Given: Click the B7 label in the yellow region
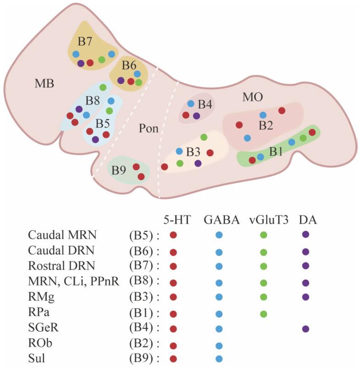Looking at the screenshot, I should pyautogui.click(x=85, y=41).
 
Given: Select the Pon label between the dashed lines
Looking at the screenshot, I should pyautogui.click(x=149, y=129).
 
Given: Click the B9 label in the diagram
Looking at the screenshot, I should pyautogui.click(x=119, y=170).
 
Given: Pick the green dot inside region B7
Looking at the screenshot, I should pyautogui.click(x=102, y=60).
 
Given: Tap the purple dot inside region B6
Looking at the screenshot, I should pyautogui.click(x=121, y=80).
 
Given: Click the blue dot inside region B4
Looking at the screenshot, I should pyautogui.click(x=191, y=103).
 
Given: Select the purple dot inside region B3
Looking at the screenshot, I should pyautogui.click(x=198, y=163).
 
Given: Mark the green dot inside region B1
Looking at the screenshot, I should pyautogui.click(x=303, y=138).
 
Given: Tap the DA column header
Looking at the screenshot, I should pyautogui.click(x=308, y=220).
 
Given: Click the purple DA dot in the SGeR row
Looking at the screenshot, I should pyautogui.click(x=306, y=328).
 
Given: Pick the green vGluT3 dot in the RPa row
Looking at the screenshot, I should pyautogui.click(x=263, y=314).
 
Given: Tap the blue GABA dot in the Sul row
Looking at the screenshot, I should pyautogui.click(x=219, y=359).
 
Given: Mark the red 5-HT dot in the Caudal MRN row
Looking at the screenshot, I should pyautogui.click(x=173, y=235).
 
